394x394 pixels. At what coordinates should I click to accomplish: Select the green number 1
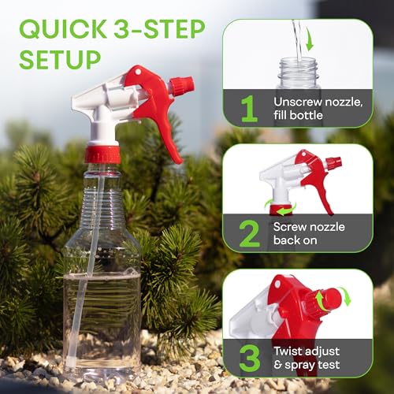[x=249, y=108]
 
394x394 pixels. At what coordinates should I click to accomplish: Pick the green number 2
[x=249, y=233]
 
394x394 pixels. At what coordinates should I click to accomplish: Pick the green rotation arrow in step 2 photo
[x=278, y=208]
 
